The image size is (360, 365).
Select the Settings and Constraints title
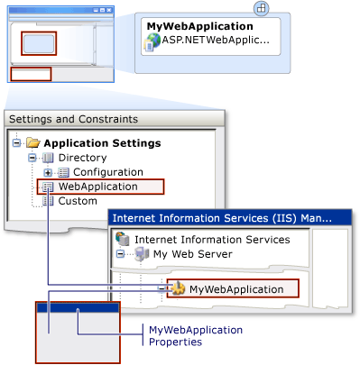pos(73,119)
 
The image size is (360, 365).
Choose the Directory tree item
pos(81,158)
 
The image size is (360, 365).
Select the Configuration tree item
pos(107,172)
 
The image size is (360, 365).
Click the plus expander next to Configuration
pos(48,172)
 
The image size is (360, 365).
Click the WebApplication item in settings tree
pos(97,187)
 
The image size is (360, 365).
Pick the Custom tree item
pos(77,201)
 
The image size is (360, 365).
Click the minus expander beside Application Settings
pos(18,142)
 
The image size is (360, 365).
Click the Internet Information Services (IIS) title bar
pos(220,217)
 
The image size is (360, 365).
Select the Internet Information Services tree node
pos(211,240)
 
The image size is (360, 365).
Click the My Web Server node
pos(191,254)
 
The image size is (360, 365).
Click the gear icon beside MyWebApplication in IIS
pos(180,288)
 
